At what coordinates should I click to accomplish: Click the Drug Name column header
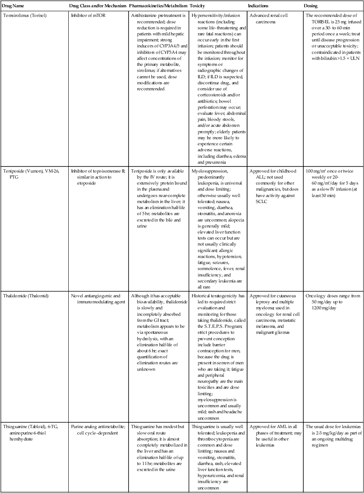point(14,6)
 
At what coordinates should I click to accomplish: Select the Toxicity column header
point(198,6)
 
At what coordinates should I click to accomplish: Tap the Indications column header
point(259,6)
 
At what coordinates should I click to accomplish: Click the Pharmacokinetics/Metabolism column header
point(158,6)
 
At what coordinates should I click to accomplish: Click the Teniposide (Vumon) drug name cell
point(26,174)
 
